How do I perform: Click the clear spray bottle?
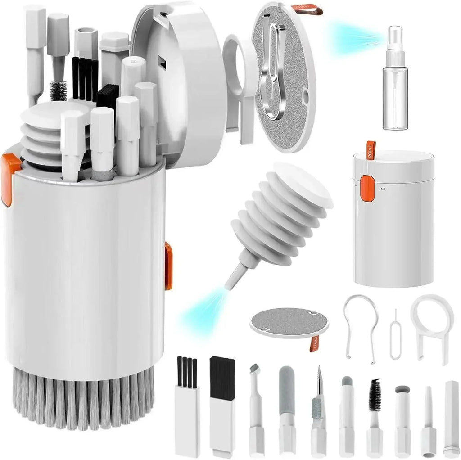point(395,97)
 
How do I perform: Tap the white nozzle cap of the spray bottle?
point(395,41)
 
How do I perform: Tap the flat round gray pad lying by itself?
point(288,322)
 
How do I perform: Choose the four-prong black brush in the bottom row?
point(187,405)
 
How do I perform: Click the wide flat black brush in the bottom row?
point(222,405)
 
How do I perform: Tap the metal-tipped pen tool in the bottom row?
point(318,405)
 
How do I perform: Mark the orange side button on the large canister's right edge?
point(168,266)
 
